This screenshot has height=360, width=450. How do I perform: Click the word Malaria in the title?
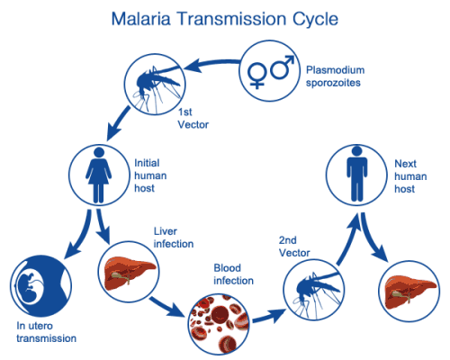coord(141,19)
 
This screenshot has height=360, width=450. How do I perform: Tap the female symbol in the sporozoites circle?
coord(257,75)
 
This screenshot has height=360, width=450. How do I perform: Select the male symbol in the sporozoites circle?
coord(282,67)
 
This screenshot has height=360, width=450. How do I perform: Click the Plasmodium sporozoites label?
coord(335,76)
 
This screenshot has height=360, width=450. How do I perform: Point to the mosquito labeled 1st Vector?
coord(155,85)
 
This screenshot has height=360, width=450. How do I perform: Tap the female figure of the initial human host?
coord(99,175)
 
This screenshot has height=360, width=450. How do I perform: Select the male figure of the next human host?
coord(356,174)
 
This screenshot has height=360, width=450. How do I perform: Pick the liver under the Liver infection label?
coord(129,273)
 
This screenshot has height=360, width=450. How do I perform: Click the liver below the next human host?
coord(409,292)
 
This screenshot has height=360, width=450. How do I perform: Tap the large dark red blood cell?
coord(220,316)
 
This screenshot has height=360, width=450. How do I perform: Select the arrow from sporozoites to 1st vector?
coord(211,63)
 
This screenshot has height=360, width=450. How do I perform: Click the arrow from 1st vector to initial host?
coord(119,123)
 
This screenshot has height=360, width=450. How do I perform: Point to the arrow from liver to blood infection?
coord(166,307)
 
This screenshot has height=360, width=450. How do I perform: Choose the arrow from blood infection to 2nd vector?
coord(269,316)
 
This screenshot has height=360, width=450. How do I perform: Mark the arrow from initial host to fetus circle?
coord(80,236)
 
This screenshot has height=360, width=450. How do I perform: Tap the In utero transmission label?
coord(46,332)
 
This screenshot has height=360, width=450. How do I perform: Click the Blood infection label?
coord(233,274)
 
